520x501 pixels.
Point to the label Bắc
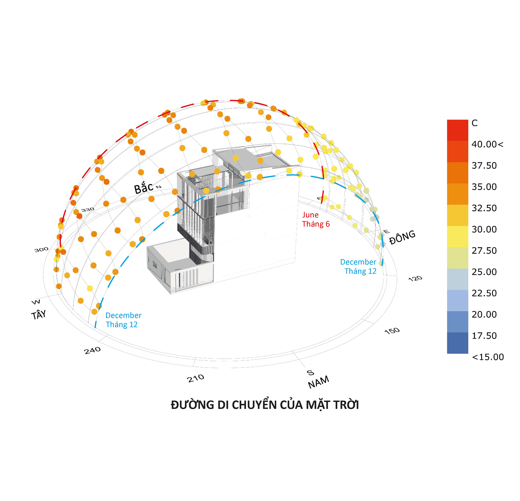tap(144, 188)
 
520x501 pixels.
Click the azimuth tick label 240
tap(92, 350)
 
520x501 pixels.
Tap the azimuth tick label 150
tap(392, 331)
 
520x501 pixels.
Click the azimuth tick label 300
tap(41, 250)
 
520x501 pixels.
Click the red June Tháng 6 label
tap(316, 219)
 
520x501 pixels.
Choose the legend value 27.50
tap(484, 251)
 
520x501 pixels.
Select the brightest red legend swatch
tap(457, 130)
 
